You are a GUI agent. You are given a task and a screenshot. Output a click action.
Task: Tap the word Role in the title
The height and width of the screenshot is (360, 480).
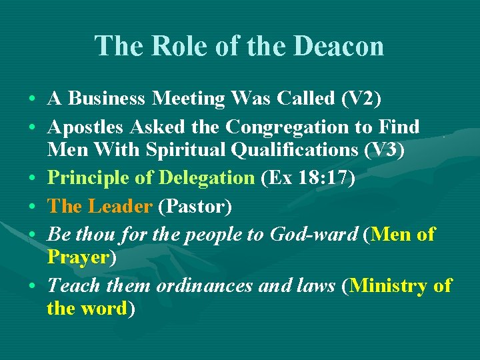175,46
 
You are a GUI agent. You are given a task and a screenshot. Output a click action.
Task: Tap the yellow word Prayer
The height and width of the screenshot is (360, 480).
77,257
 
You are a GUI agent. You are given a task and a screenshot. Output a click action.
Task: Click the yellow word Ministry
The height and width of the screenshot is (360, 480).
389,286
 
